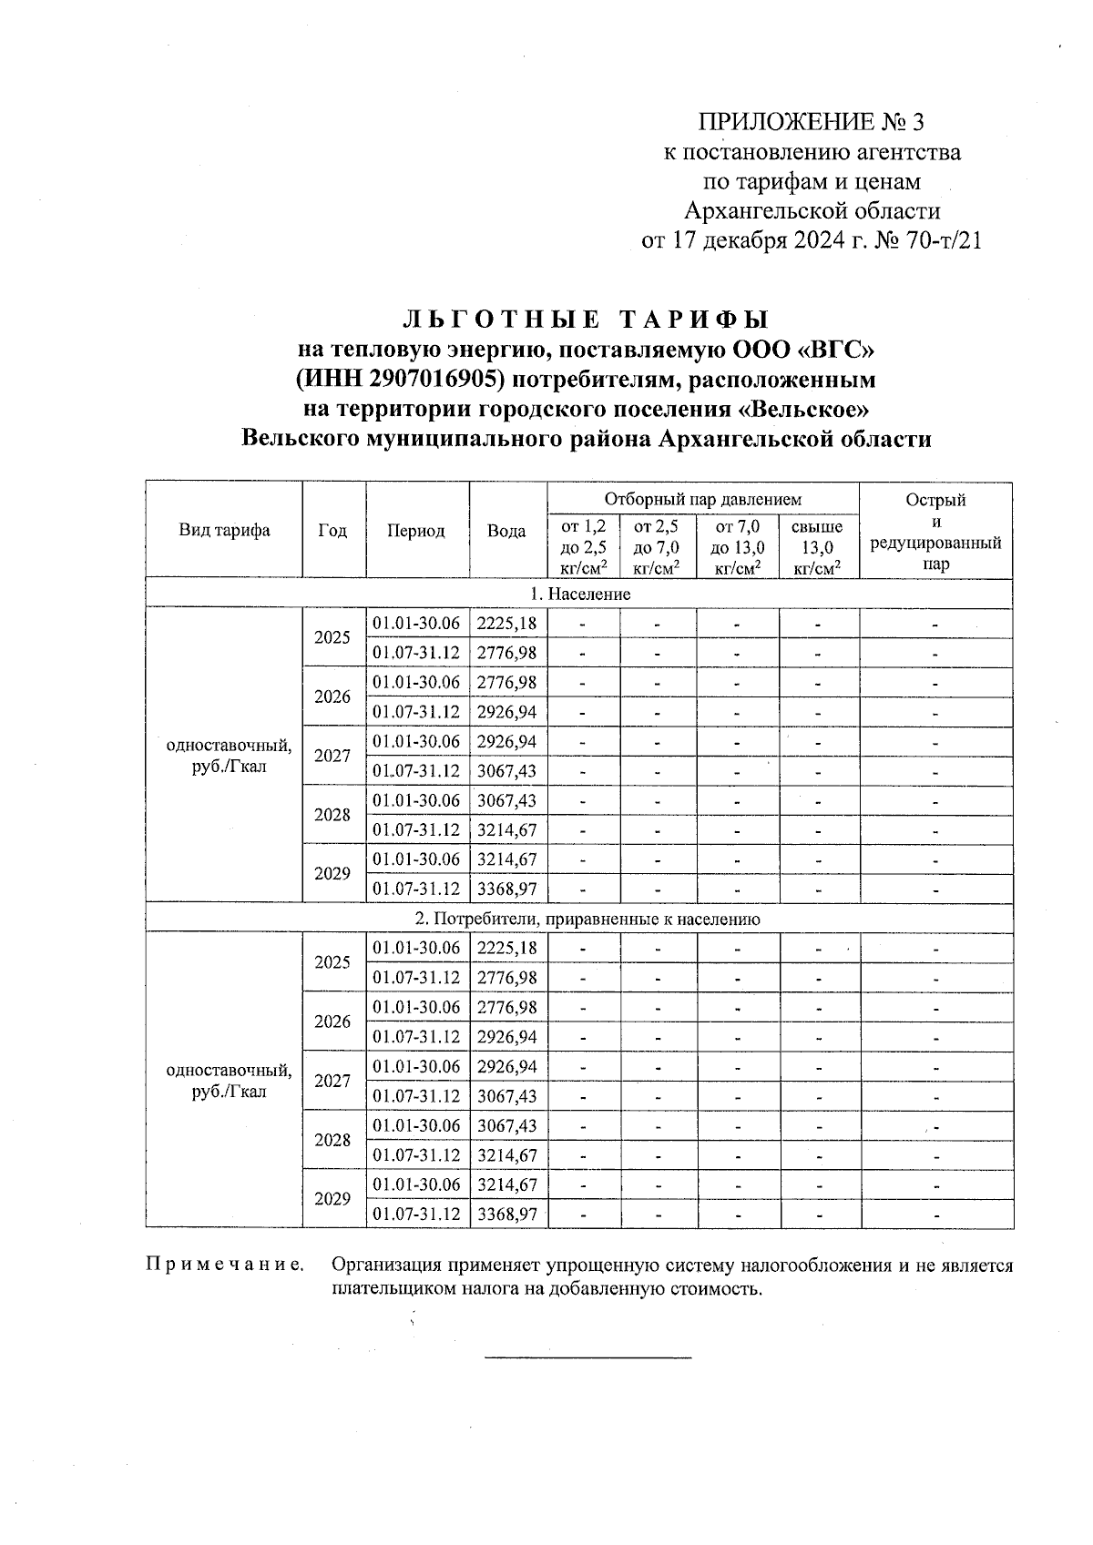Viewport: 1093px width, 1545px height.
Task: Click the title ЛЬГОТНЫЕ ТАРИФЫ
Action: [x=587, y=320]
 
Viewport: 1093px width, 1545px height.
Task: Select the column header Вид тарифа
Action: [x=224, y=531]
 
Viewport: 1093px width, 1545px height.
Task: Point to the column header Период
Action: [x=416, y=531]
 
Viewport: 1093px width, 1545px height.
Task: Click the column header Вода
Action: [x=506, y=531]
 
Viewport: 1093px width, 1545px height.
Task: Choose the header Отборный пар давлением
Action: [x=702, y=499]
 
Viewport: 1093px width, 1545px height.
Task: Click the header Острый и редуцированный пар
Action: [x=935, y=531]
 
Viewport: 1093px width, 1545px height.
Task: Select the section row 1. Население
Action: [x=580, y=594]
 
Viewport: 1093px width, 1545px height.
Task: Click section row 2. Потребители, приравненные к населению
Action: [x=580, y=920]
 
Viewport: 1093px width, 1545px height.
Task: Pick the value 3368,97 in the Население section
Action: [x=507, y=889]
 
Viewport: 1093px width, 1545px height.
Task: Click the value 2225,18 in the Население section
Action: [x=507, y=624]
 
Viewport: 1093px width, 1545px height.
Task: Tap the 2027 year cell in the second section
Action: [x=332, y=1081]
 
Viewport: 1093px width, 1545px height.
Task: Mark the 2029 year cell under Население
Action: [x=332, y=874]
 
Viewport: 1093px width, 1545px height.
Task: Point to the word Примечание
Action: [x=224, y=1265]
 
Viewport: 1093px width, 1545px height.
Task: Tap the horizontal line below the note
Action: [x=587, y=1358]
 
